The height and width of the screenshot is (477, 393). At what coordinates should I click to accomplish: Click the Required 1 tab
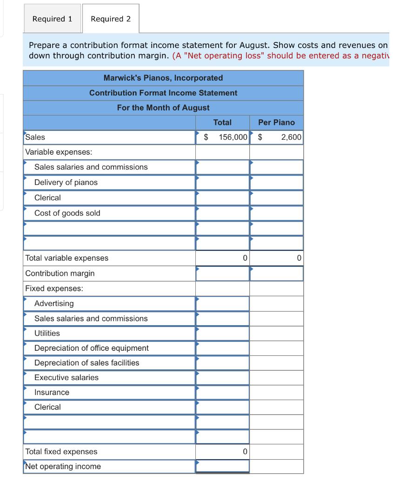click(x=52, y=19)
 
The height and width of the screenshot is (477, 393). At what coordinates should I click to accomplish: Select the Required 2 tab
click(x=111, y=19)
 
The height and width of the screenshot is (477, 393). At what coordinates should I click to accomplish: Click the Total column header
click(x=222, y=123)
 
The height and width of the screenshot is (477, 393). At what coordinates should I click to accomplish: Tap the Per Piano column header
click(x=276, y=123)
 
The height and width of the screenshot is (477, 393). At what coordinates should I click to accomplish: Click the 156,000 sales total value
click(x=233, y=137)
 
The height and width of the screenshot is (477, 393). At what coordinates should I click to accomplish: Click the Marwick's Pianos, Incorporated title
click(x=163, y=78)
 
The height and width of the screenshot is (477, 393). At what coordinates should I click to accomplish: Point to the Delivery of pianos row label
click(x=66, y=183)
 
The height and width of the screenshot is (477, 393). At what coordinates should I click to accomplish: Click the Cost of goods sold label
click(x=67, y=213)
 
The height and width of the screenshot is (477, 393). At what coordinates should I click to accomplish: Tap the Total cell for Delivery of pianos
click(x=222, y=183)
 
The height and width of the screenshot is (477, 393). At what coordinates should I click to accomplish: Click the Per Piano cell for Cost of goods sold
click(x=276, y=213)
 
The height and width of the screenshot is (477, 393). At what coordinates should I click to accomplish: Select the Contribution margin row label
click(x=60, y=273)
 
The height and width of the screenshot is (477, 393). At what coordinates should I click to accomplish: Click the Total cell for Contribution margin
click(x=222, y=273)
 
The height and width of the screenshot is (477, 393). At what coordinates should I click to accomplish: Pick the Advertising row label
click(x=54, y=304)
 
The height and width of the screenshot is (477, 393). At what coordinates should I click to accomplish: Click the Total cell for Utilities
click(x=222, y=334)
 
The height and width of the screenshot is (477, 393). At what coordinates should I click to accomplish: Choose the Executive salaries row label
click(x=67, y=378)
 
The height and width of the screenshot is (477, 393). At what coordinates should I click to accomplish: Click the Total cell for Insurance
click(x=222, y=393)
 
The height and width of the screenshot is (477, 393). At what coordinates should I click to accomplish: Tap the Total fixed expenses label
click(x=61, y=452)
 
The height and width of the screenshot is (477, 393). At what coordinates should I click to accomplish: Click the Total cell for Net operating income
click(x=222, y=466)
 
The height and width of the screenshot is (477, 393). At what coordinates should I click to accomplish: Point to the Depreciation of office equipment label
click(x=92, y=348)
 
